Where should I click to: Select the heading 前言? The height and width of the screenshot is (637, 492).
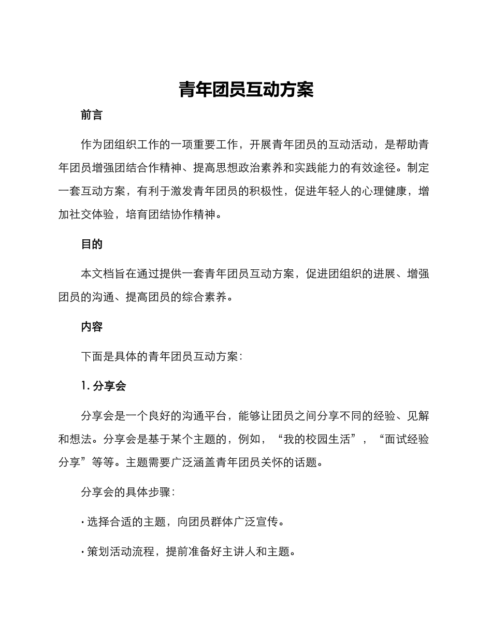point(92,115)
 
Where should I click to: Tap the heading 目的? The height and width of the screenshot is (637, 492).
point(92,244)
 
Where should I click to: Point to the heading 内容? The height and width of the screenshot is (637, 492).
point(92,327)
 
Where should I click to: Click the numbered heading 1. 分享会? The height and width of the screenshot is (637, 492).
point(104,386)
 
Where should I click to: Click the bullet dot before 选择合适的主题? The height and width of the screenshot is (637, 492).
point(83,523)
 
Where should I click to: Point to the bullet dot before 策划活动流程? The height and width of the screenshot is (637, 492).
point(83,552)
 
